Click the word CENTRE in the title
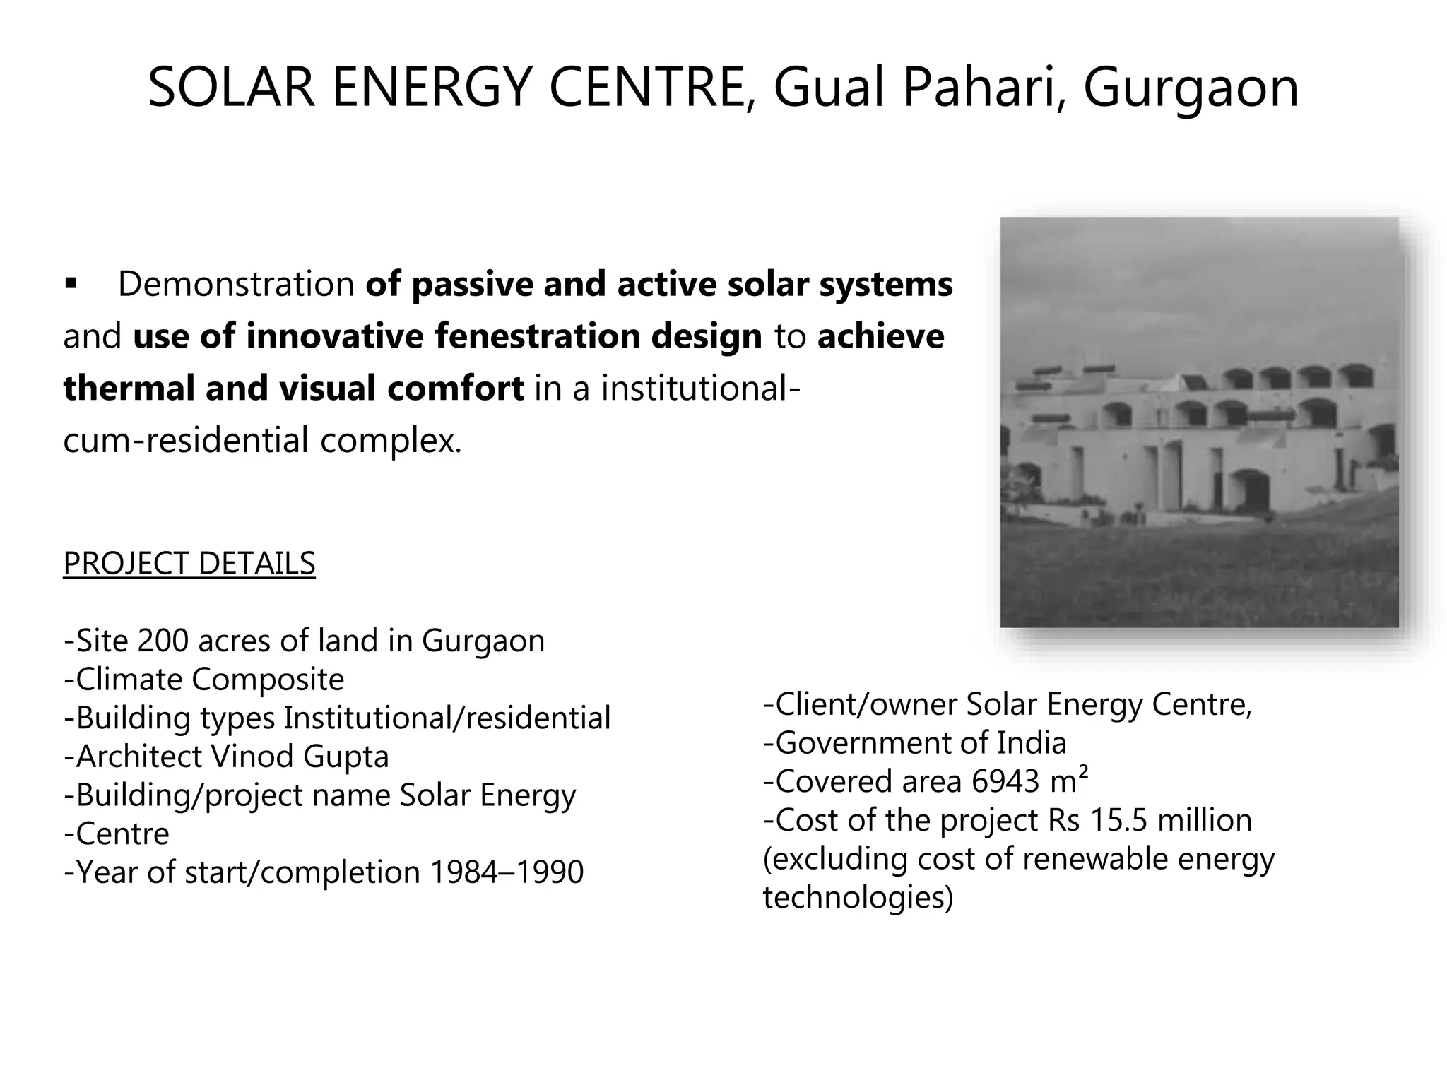click(x=647, y=88)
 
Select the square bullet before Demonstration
click(x=70, y=284)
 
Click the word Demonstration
click(x=236, y=284)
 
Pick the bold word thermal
click(x=128, y=388)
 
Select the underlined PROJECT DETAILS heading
click(x=189, y=564)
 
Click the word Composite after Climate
click(x=268, y=680)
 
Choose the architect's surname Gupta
click(x=346, y=757)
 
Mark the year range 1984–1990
click(x=507, y=872)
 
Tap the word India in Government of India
click(x=1032, y=743)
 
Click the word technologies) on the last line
click(x=858, y=897)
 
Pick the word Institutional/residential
click(x=447, y=718)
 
